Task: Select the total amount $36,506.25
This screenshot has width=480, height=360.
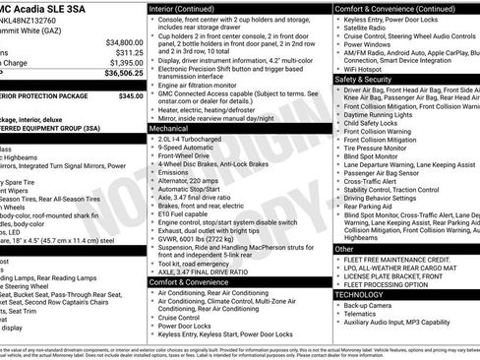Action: (x=124, y=72)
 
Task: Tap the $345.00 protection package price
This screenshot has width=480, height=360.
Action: (x=130, y=96)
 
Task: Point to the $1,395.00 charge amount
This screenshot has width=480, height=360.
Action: (x=125, y=62)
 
